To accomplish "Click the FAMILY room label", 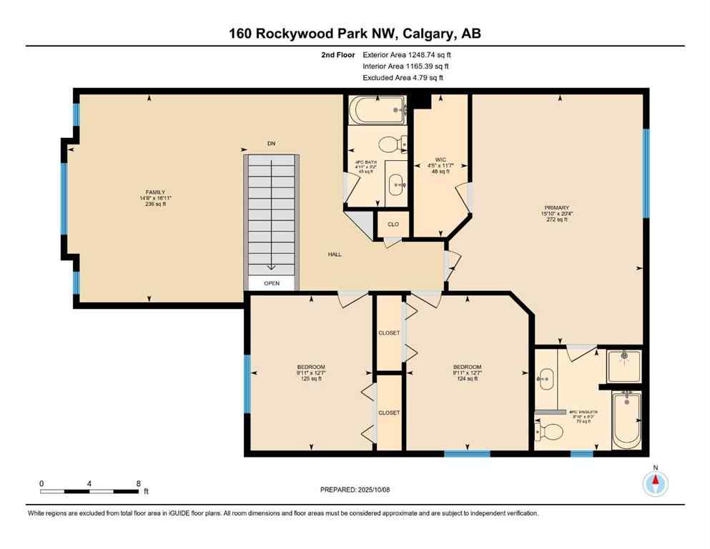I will (x=156, y=192).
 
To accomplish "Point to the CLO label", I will (x=393, y=224).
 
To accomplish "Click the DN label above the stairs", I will (x=271, y=144).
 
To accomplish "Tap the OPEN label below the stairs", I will (x=271, y=283).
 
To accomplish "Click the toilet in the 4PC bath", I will (x=390, y=145).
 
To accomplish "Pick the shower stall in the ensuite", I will (x=623, y=365).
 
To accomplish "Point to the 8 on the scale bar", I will (x=137, y=483).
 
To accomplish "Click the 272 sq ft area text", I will (x=555, y=219).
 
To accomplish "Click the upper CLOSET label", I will (x=389, y=333).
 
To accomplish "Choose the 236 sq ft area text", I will (x=156, y=204).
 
